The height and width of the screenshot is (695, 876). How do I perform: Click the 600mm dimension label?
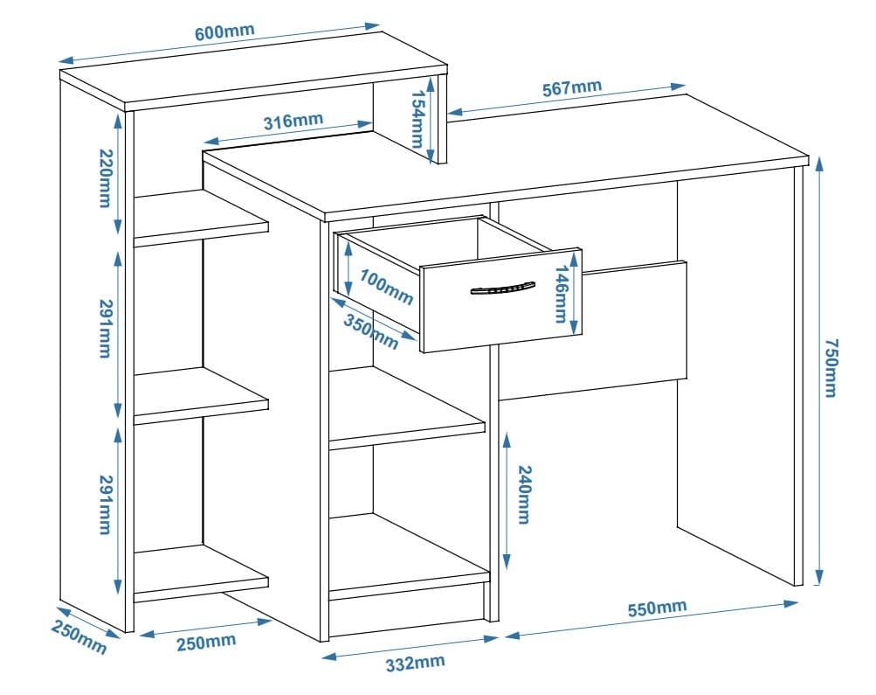coord(224,32)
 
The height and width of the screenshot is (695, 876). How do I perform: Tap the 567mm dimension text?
coord(571,88)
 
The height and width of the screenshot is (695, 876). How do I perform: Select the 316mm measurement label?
coord(293,121)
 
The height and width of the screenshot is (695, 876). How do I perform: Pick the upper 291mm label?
coord(104,329)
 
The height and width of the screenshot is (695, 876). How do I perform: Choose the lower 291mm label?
coord(104,504)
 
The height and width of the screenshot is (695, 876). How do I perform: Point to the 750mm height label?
coord(831,367)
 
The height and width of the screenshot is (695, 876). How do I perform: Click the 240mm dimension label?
coord(522,494)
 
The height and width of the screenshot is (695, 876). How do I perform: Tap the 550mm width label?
coord(657,608)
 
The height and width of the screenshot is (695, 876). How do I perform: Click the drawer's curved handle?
coord(502,288)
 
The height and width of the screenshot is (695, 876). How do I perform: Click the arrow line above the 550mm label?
coord(651,620)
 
